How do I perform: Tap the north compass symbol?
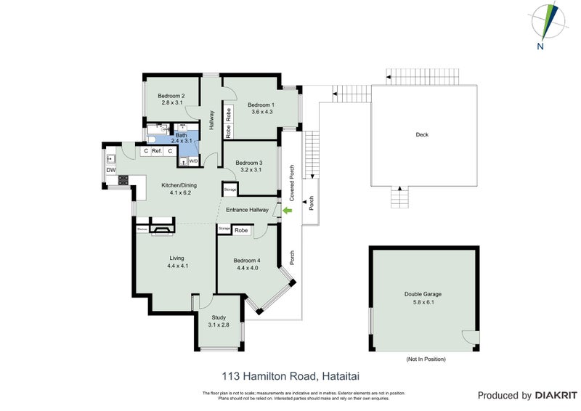pos(545,23)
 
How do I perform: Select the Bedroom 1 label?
pos(261,103)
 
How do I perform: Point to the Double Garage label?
pos(423,294)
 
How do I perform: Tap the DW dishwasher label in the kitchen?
pos(111,170)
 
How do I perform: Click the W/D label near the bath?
pos(194,161)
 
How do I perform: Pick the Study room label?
pos(219,317)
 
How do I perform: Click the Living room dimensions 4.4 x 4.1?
pos(177,266)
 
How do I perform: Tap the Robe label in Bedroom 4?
pos(242,230)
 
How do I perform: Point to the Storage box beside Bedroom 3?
pos(230,190)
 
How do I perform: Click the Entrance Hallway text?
pos(248,211)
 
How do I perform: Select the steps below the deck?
pos(399,197)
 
